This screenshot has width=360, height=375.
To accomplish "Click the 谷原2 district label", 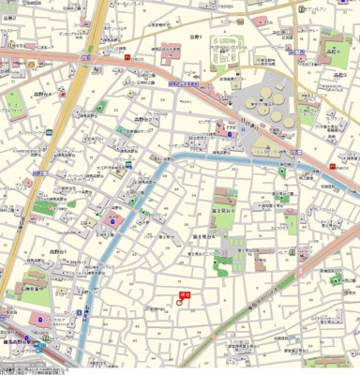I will point(9,44).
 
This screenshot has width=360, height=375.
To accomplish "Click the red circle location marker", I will point(179,302).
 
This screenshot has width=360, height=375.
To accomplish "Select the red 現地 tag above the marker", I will point(183,293).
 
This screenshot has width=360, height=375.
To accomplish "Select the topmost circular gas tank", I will point(277,87).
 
